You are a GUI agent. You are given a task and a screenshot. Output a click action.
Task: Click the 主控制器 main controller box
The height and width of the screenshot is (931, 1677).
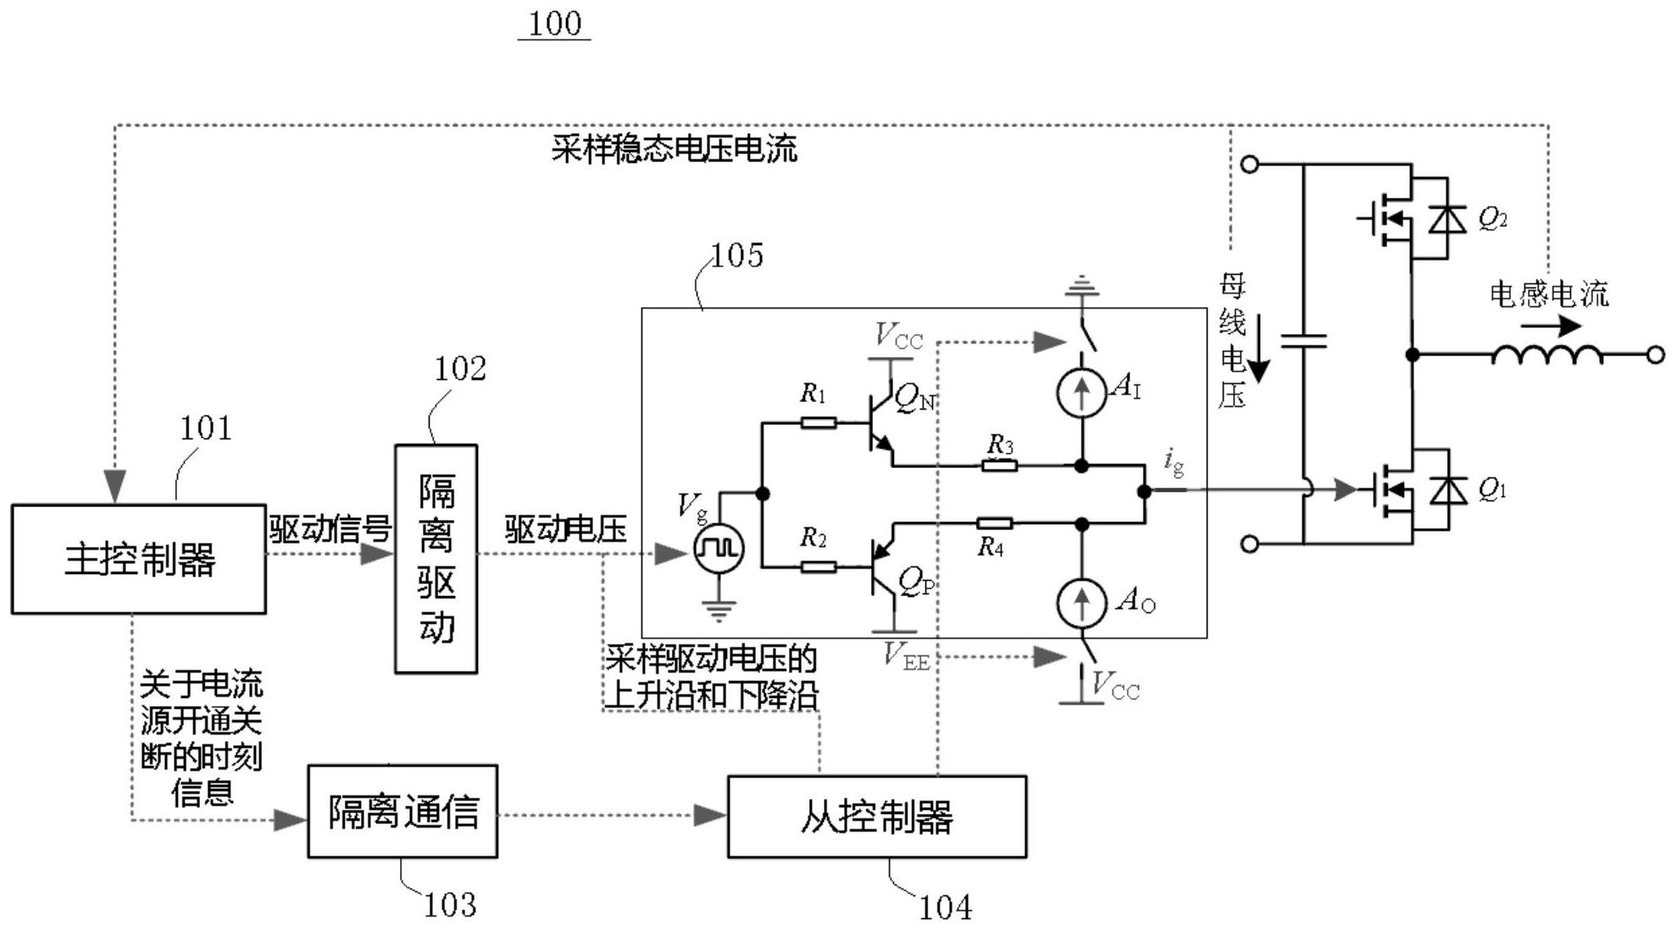click(x=138, y=559)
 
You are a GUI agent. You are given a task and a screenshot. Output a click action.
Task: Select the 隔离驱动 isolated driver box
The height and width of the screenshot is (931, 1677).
click(x=436, y=558)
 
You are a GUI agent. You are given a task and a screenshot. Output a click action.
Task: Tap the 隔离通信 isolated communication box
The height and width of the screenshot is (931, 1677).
click(x=402, y=811)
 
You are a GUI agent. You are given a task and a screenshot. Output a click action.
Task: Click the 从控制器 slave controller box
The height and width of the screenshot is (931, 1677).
click(x=876, y=817)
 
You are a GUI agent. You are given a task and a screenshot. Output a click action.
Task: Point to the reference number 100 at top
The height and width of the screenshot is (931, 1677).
click(x=554, y=24)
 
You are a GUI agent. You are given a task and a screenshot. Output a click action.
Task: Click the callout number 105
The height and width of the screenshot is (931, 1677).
click(x=736, y=255)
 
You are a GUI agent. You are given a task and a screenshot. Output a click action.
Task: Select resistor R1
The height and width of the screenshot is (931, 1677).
click(x=818, y=422)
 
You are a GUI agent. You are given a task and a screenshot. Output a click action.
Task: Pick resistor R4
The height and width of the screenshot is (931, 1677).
click(x=993, y=523)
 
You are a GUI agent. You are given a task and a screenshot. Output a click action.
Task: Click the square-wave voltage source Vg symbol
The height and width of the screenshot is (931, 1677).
click(x=719, y=549)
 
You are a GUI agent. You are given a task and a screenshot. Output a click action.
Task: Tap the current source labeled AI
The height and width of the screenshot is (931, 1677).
click(x=1081, y=393)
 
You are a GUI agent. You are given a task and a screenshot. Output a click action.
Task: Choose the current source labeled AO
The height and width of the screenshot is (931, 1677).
click(x=1081, y=601)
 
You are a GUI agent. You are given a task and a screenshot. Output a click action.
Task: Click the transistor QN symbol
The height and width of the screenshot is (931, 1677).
click(x=881, y=422)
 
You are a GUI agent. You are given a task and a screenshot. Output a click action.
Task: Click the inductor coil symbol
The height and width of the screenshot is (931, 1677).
click(x=1547, y=354)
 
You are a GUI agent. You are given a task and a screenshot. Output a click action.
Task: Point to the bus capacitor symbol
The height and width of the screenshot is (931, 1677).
click(x=1303, y=341)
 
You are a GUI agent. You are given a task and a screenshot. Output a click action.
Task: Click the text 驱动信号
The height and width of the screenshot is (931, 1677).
click(x=330, y=529)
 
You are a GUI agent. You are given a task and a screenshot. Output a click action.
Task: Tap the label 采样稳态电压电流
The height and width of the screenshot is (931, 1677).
click(x=674, y=149)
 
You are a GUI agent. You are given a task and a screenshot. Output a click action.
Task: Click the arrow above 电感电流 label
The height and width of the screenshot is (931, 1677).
click(x=1551, y=326)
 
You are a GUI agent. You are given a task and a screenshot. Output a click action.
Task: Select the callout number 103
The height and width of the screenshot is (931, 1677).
click(x=449, y=906)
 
